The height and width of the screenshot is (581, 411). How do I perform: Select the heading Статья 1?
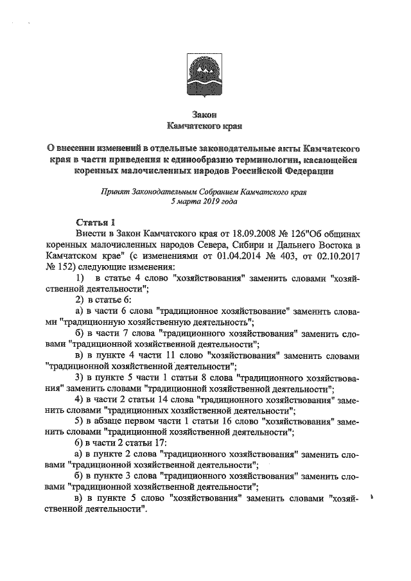click(95, 221)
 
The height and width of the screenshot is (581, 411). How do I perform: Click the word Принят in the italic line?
click(114, 191)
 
